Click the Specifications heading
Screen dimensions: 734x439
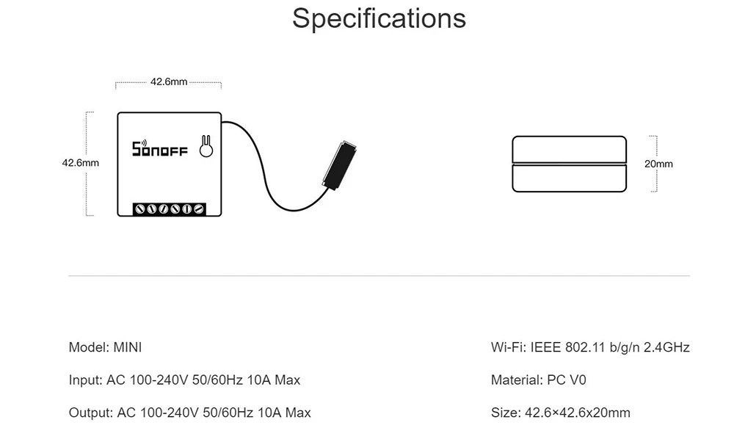click(379, 18)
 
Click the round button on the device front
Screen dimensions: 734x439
click(207, 150)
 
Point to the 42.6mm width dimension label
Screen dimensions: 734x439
click(169, 81)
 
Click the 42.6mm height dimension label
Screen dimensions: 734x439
click(80, 162)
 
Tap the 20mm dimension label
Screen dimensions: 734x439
click(658, 164)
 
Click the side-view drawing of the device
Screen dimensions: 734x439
click(570, 164)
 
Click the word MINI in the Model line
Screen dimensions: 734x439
click(123, 347)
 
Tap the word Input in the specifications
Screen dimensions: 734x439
click(84, 380)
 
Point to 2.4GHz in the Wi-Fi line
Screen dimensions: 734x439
click(666, 347)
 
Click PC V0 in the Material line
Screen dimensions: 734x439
click(567, 380)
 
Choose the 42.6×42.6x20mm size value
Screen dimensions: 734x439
click(576, 413)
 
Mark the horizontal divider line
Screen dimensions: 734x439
click(379, 276)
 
